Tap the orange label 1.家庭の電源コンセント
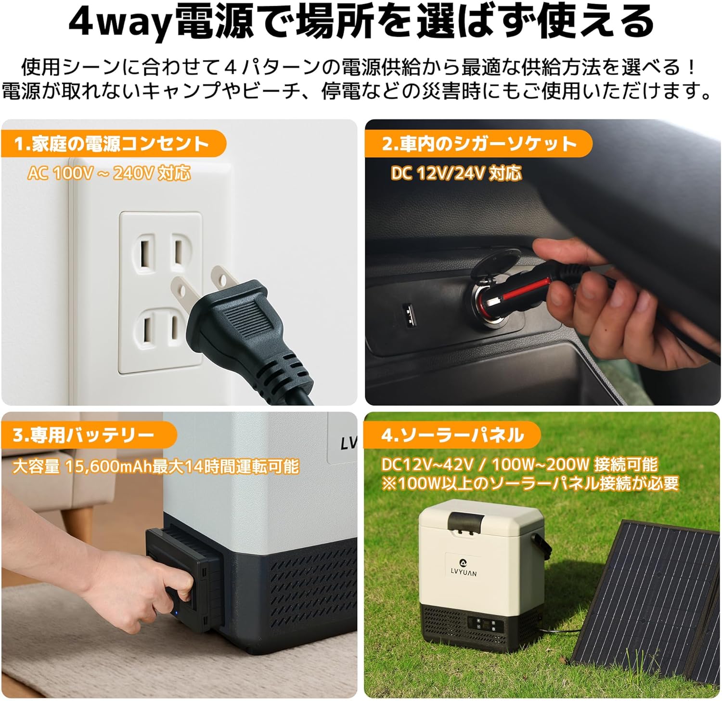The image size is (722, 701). tap(114, 144)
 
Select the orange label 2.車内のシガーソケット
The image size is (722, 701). tap(478, 144)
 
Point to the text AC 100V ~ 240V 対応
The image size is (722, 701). tap(109, 173)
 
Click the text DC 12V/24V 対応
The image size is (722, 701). tap(456, 173)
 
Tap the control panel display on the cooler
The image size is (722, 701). tap(487, 627)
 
